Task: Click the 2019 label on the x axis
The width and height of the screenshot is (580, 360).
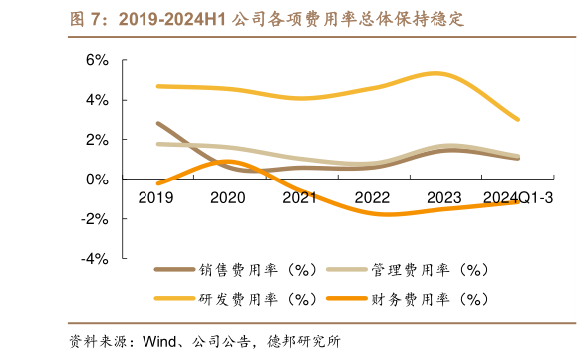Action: (x=157, y=198)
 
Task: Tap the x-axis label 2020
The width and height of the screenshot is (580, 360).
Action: (x=229, y=198)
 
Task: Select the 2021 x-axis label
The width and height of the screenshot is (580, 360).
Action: (x=301, y=198)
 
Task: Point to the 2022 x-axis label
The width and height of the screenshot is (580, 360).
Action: (x=373, y=198)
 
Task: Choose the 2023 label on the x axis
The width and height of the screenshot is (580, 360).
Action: (x=444, y=198)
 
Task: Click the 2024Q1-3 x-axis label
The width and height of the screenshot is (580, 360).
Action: (x=517, y=198)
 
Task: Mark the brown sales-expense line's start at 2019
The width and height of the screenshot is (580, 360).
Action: (x=158, y=123)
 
